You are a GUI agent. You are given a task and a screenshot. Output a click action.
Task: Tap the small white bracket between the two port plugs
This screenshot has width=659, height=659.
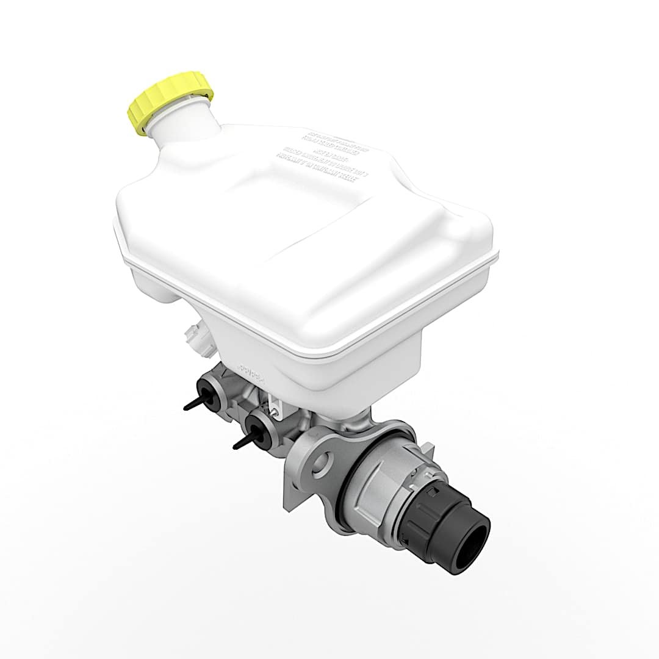click(275, 405)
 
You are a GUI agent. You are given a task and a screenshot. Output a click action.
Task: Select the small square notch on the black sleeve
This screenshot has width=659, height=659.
click(433, 492)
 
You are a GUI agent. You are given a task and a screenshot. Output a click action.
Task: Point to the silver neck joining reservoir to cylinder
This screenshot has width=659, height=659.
click(360, 417)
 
